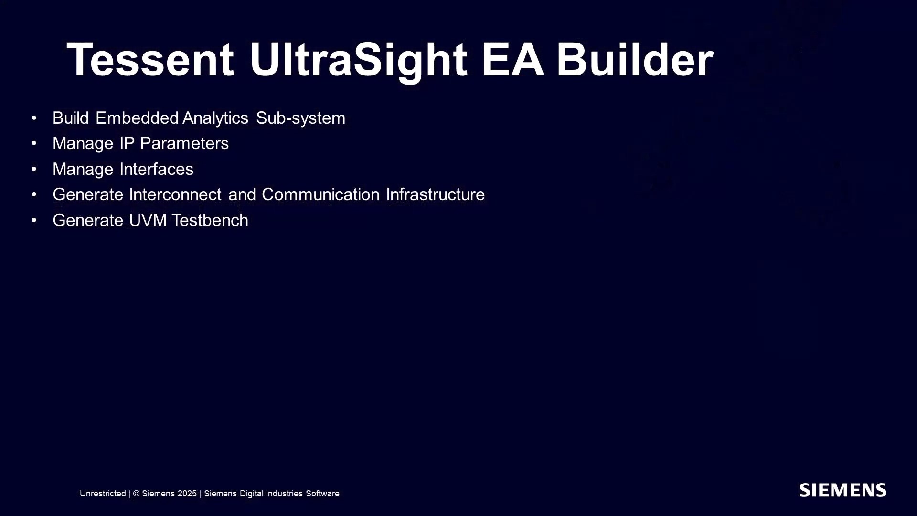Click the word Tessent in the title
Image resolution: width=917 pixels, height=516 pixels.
point(150,60)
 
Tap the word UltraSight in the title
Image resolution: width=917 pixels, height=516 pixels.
point(358,61)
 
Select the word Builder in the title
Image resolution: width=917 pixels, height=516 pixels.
point(635,59)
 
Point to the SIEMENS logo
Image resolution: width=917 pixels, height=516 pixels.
point(843,490)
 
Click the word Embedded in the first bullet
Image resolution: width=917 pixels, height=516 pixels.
point(137,118)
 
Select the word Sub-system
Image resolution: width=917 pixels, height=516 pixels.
point(300,118)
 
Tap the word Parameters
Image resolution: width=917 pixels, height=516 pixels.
point(184,143)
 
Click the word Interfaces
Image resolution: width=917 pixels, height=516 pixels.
point(156,169)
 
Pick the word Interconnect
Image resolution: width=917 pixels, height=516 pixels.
point(175,194)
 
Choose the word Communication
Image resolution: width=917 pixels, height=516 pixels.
point(320,194)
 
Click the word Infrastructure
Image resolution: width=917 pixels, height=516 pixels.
point(435,194)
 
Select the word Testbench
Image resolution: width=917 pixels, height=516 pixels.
point(210,220)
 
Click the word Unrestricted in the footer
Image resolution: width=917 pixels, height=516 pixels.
point(103,494)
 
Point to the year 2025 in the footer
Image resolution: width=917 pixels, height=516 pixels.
point(187,494)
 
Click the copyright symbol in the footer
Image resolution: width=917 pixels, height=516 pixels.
point(136,494)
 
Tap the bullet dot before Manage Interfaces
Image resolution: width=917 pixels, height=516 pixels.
point(34,169)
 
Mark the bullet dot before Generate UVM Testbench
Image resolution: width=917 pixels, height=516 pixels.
point(34,220)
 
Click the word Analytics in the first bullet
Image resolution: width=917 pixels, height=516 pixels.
point(215,118)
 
